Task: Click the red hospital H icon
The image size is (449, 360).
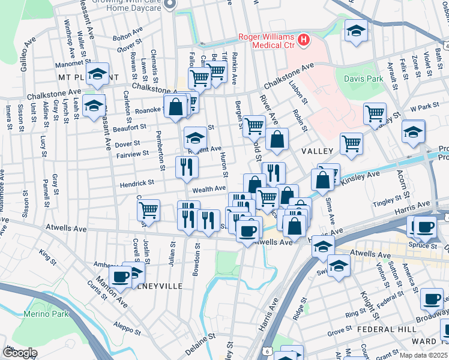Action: (304, 41)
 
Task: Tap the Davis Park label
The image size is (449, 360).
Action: (363, 79)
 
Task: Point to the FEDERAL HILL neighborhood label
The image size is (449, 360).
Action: (383, 329)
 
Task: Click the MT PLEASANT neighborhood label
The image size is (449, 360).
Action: (88, 78)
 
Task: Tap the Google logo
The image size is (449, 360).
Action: (20, 352)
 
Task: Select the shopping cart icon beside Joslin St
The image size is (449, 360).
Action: (148, 211)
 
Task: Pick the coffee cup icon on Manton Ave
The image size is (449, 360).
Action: (120, 278)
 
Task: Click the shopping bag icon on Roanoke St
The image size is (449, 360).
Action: (176, 107)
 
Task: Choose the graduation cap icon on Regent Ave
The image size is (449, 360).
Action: (194, 139)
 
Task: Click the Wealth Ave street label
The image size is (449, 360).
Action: (208, 190)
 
